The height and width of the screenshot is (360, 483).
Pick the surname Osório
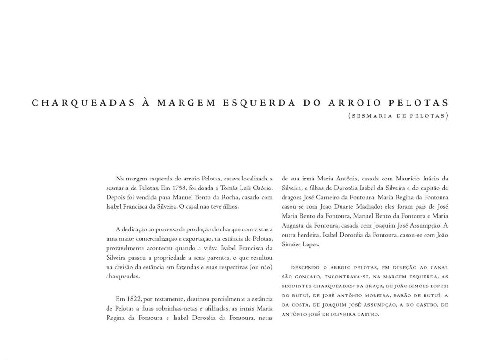point(262,188)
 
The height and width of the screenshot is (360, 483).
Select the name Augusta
point(294,225)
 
